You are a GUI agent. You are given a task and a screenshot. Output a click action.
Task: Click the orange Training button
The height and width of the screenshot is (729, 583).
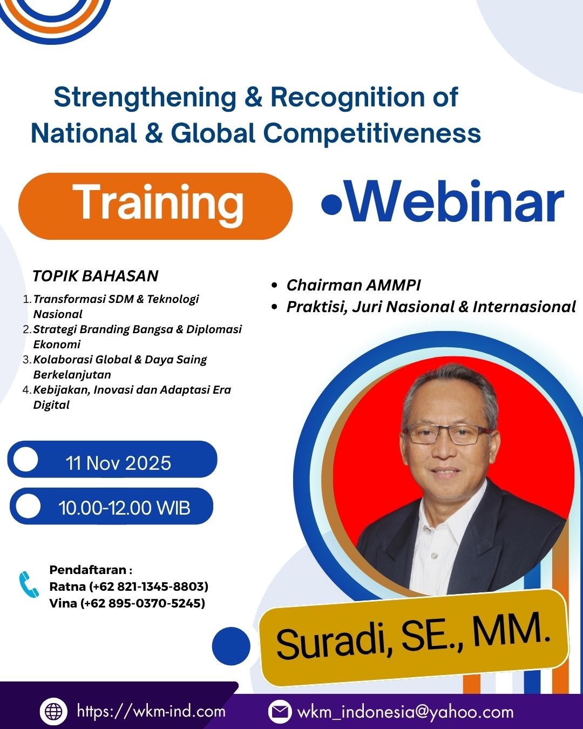tap(155, 206)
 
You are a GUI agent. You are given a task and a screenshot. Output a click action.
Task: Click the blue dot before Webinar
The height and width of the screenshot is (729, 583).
tap(331, 204)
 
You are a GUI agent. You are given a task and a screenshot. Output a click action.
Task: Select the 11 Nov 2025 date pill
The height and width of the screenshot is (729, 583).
tap(112, 459)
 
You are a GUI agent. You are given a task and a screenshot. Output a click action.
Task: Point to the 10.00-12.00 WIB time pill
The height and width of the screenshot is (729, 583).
tap(111, 506)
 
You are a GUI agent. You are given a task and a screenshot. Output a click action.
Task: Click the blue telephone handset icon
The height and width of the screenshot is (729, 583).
tap(29, 585)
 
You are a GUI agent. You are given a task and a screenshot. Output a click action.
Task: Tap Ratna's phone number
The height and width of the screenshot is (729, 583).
tap(148, 586)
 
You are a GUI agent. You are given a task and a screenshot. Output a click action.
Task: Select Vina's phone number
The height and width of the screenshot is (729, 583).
tap(143, 603)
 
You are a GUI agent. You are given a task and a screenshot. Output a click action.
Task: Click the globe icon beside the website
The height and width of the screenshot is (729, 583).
tap(54, 711)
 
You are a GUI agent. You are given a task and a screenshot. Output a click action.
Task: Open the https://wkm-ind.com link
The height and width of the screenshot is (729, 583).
tap(151, 711)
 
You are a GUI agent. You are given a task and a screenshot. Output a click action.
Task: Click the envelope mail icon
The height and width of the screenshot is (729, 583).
tap(280, 711)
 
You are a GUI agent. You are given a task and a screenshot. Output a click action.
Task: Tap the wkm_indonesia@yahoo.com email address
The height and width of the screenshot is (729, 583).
tap(405, 712)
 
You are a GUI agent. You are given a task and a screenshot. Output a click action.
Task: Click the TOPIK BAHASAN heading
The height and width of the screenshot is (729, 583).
tap(96, 276)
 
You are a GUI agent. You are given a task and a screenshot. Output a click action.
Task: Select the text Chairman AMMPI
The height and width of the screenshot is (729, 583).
tap(354, 285)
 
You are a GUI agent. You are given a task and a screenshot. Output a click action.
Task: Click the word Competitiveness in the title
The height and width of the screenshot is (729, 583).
tap(372, 133)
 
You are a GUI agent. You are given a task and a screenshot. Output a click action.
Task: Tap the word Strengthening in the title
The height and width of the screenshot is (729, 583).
tap(145, 98)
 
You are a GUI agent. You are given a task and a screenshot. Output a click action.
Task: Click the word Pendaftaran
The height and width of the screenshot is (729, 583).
tap(88, 570)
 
